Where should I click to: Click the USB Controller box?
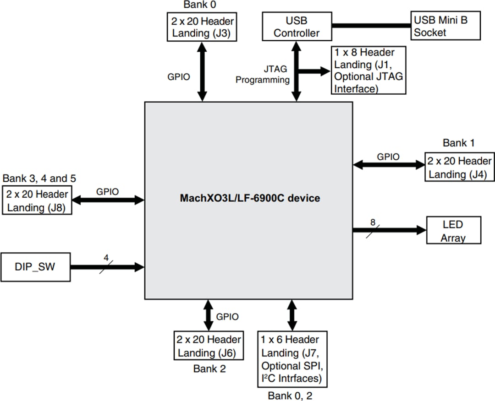tap(296, 27)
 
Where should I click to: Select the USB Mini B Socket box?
tap(446, 26)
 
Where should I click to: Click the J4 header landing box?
tap(459, 168)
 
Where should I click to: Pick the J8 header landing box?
tap(37, 200)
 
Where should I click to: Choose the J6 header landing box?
tap(209, 346)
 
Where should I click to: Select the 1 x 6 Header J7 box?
tap(292, 359)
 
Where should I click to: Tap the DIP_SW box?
tap(36, 266)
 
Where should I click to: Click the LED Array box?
tap(453, 231)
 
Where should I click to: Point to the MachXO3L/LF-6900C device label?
tap(250, 199)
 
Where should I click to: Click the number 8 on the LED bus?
tap(373, 222)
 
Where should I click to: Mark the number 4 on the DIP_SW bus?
tap(106, 258)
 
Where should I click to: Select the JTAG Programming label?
tap(263, 74)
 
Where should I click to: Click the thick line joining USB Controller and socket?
tap(371, 26)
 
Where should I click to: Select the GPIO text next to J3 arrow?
tap(178, 77)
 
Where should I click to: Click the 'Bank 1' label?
tap(458, 143)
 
